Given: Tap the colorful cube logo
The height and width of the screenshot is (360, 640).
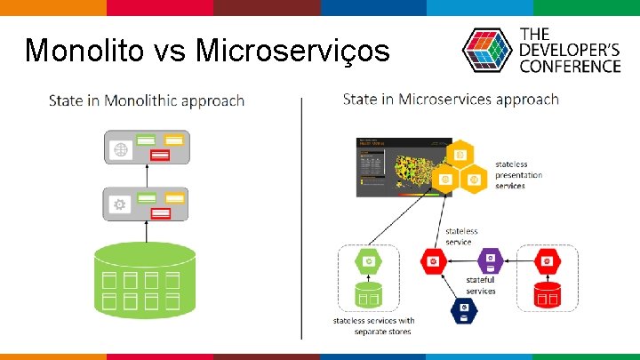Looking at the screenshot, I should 485,51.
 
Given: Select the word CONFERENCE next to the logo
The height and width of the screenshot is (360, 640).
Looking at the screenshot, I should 570,66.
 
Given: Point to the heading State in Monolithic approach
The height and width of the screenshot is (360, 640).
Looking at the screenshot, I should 147,100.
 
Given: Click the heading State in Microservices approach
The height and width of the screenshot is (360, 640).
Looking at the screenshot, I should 451,99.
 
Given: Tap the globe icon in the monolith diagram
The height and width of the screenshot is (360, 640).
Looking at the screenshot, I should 120,149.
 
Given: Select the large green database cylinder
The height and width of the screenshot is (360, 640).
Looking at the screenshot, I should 144,276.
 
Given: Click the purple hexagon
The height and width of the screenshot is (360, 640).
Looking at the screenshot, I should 489,261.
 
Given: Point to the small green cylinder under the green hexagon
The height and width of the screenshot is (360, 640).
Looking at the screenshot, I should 369,294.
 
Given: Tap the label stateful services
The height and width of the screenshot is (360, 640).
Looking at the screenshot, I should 481,285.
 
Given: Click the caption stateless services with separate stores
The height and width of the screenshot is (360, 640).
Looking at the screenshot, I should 374,326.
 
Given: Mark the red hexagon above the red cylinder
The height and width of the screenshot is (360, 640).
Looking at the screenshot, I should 548,260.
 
